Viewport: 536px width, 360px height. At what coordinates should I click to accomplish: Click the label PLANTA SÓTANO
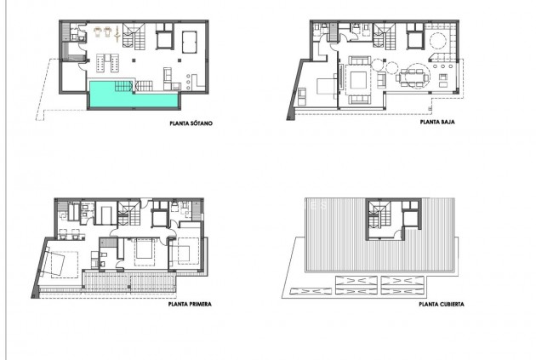pyautogui.click(x=191, y=124)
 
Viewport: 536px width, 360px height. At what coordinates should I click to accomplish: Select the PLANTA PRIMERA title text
pyautogui.click(x=191, y=302)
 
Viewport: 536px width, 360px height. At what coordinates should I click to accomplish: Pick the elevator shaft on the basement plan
pyautogui.click(x=164, y=38)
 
